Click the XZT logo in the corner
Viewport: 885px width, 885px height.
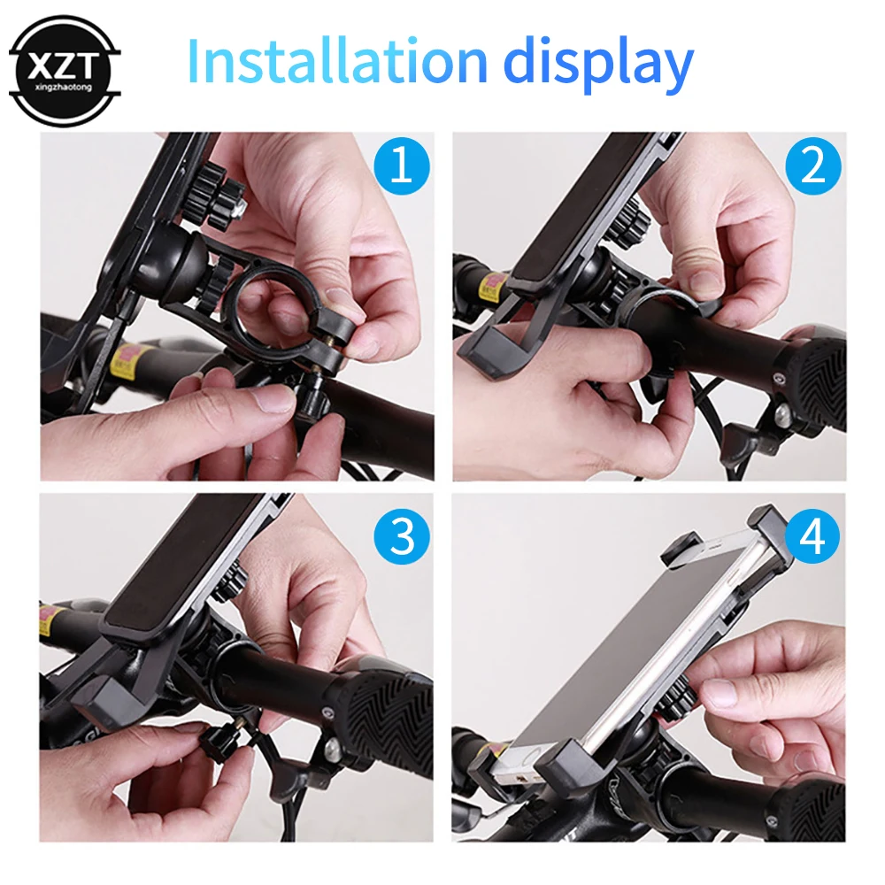coord(64,69)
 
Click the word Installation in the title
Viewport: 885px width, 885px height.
coord(336,62)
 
